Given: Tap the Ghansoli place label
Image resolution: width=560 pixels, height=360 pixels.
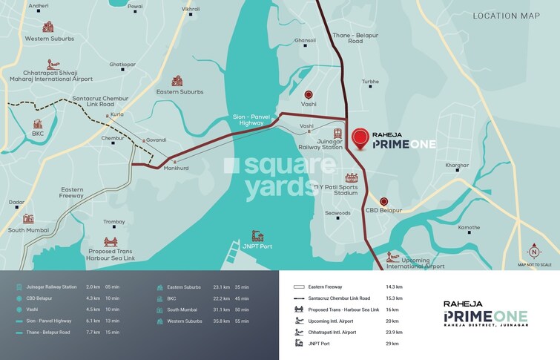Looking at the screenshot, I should [305, 41].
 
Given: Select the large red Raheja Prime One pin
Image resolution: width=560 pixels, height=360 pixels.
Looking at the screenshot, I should [360, 138].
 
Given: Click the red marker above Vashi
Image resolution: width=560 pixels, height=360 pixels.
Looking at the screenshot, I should [309, 95].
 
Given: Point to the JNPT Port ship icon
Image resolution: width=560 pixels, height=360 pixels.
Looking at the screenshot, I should [257, 235].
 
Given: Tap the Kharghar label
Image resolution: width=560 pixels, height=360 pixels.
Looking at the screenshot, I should [457, 165].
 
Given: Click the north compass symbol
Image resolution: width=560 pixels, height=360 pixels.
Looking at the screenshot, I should [534, 251].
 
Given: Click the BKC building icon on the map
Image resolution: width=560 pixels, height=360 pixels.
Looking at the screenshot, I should [37, 124].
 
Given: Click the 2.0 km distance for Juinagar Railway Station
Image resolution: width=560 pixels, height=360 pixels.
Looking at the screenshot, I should [92, 287].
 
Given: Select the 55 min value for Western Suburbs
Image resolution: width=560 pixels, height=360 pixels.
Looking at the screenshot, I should [242, 321].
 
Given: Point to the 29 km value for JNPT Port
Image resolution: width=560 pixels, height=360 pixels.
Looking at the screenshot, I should [392, 344].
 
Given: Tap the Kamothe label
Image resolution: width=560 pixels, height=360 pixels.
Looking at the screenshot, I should [469, 227].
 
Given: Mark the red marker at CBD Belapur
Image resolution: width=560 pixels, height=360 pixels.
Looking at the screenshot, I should [383, 201].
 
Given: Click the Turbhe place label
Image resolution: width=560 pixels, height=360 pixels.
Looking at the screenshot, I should [370, 82].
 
